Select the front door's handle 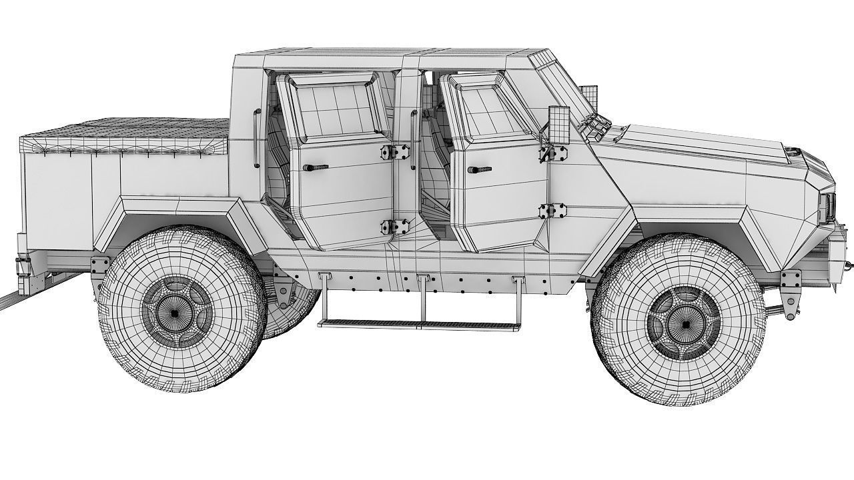[x=479, y=170]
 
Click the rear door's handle [x=315, y=167]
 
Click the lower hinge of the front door [x=552, y=211]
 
